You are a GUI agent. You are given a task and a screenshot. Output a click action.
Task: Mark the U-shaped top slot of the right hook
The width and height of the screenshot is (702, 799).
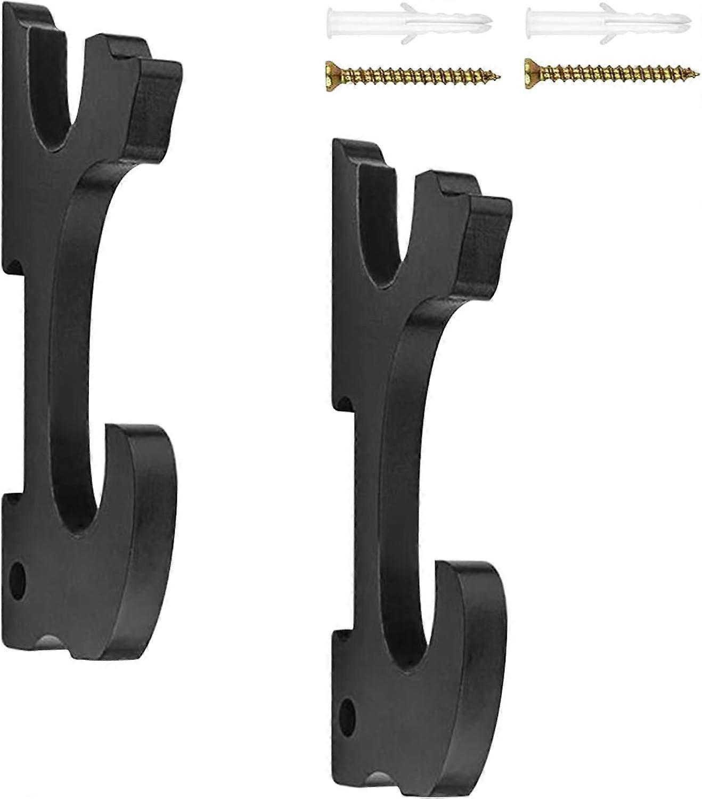(381, 213)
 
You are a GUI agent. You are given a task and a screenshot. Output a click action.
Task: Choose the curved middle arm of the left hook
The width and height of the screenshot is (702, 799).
(75, 320)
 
